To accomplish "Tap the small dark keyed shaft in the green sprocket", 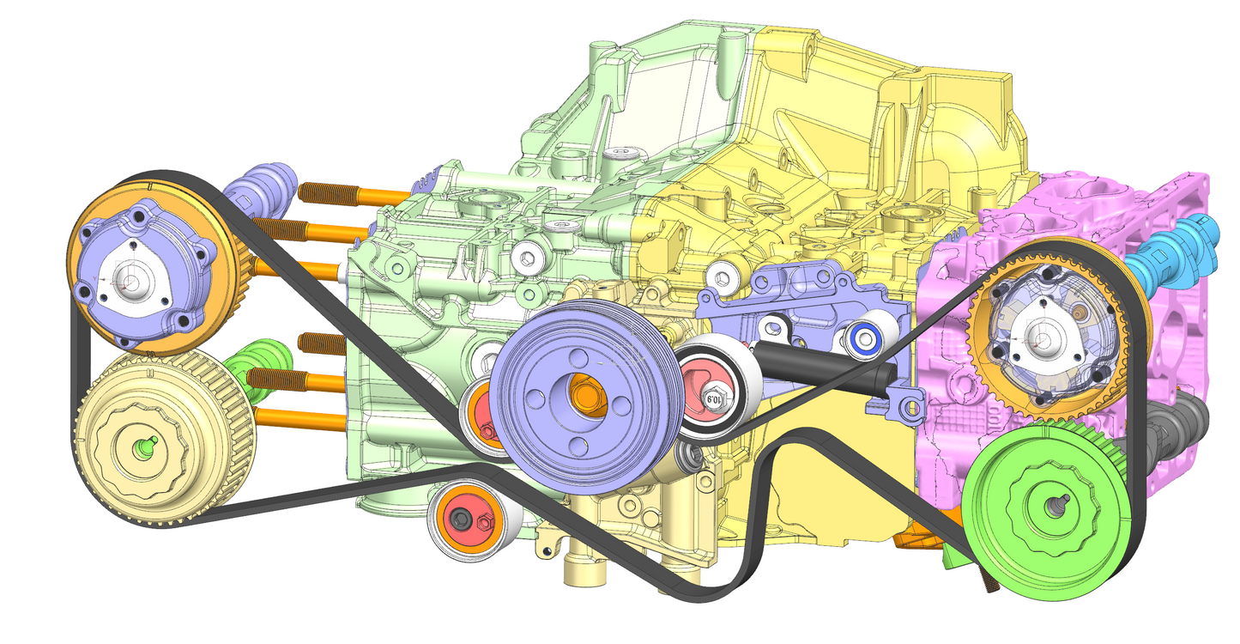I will coord(1052,506).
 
